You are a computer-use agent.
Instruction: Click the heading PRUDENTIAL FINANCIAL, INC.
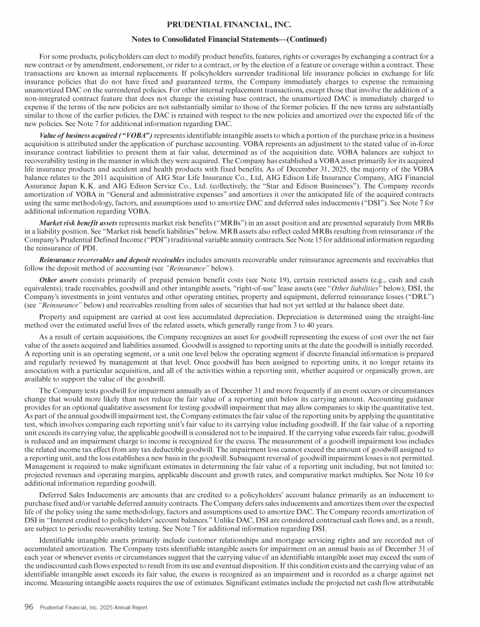point(239,25)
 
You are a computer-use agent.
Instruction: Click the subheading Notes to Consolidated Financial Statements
point(239,40)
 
